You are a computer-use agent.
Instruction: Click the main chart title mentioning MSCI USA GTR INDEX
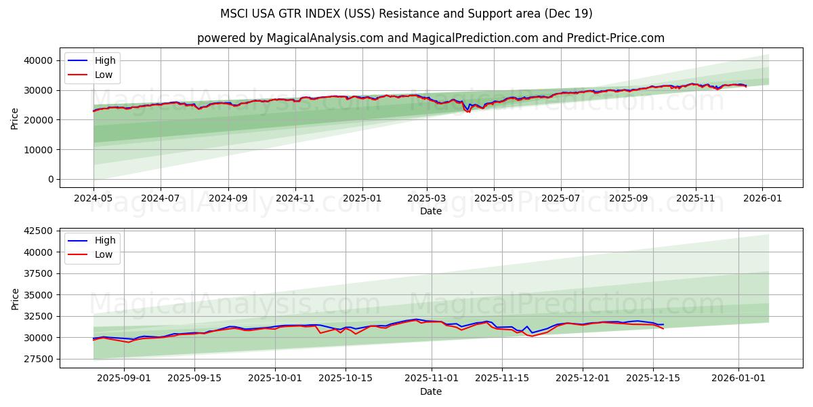click(406, 14)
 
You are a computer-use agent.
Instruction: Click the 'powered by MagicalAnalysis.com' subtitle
click(431, 38)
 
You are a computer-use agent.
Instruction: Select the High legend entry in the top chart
click(105, 60)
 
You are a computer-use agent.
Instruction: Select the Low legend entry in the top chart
click(104, 75)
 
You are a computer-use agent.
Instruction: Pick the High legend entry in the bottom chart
click(105, 240)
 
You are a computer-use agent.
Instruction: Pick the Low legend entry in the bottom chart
click(104, 254)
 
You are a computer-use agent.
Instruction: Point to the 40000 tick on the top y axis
click(38, 60)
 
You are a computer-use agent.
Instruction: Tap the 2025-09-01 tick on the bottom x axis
click(124, 378)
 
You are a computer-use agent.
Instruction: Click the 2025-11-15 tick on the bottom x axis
click(502, 378)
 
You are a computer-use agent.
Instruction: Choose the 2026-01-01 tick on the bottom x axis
click(738, 378)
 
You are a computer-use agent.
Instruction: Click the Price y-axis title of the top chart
click(15, 118)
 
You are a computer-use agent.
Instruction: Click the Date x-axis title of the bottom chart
click(431, 391)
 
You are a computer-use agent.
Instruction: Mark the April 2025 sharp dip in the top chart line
click(467, 111)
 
